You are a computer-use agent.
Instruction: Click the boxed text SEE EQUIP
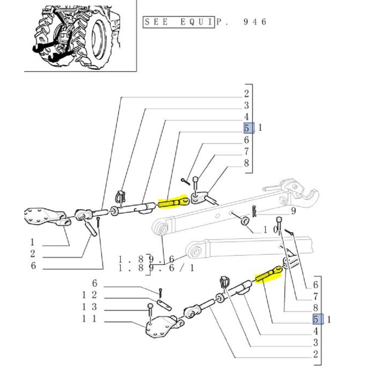[179, 22]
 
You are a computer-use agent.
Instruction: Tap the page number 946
[255, 22]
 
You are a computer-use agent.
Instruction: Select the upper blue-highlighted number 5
[249, 128]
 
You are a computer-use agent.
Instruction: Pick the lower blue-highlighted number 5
[318, 319]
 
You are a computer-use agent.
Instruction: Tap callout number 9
[293, 211]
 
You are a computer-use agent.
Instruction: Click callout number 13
[89, 306]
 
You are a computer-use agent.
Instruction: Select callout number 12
[89, 295]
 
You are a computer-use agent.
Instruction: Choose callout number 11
[89, 319]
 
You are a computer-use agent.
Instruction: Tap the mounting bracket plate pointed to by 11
[161, 327]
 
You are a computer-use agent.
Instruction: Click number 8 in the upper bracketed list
[246, 163]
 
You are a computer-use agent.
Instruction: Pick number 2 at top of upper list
[246, 94]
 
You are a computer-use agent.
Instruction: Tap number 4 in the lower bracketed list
[316, 331]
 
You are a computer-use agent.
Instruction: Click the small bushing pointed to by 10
[245, 221]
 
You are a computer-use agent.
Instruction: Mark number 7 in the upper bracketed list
[246, 151]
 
